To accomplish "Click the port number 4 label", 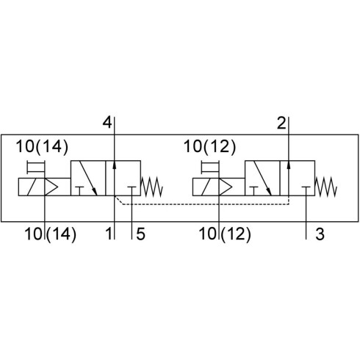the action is click(107, 123).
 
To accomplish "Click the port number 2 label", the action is click(281, 123).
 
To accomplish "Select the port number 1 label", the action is click(109, 234).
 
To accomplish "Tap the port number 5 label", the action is click(140, 234).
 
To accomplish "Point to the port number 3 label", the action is click(320, 234).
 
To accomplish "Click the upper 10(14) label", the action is click(42, 147).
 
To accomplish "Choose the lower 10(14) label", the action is click(51, 234).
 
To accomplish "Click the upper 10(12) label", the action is click(209, 147).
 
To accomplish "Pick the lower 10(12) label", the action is click(225, 234).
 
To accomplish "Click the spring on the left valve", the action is click(152, 187).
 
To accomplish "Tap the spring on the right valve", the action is click(326, 187).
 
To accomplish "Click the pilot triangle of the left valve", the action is click(51, 187).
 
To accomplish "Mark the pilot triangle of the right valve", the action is click(226, 187).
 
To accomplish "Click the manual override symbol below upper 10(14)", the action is click(36, 168).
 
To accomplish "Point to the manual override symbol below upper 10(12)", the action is click(210, 168).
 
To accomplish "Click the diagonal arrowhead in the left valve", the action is click(94, 191).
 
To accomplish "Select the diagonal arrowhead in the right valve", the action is click(268, 191).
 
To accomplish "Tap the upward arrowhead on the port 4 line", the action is click(115, 165).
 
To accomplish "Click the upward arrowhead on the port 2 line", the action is click(289, 165).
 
